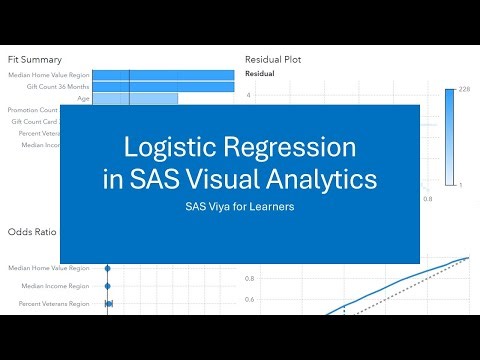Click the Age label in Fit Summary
click(84, 98)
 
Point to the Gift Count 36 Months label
click(62, 87)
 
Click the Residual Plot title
click(273, 59)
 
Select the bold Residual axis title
click(260, 74)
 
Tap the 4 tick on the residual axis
click(248, 96)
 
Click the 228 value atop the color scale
click(464, 90)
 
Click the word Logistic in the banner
click(165, 148)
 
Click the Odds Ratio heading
click(32, 232)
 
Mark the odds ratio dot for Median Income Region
click(108, 286)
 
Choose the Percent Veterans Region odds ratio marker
click(109, 302)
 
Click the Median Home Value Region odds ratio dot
click(108, 268)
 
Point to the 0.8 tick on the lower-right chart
click(249, 279)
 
